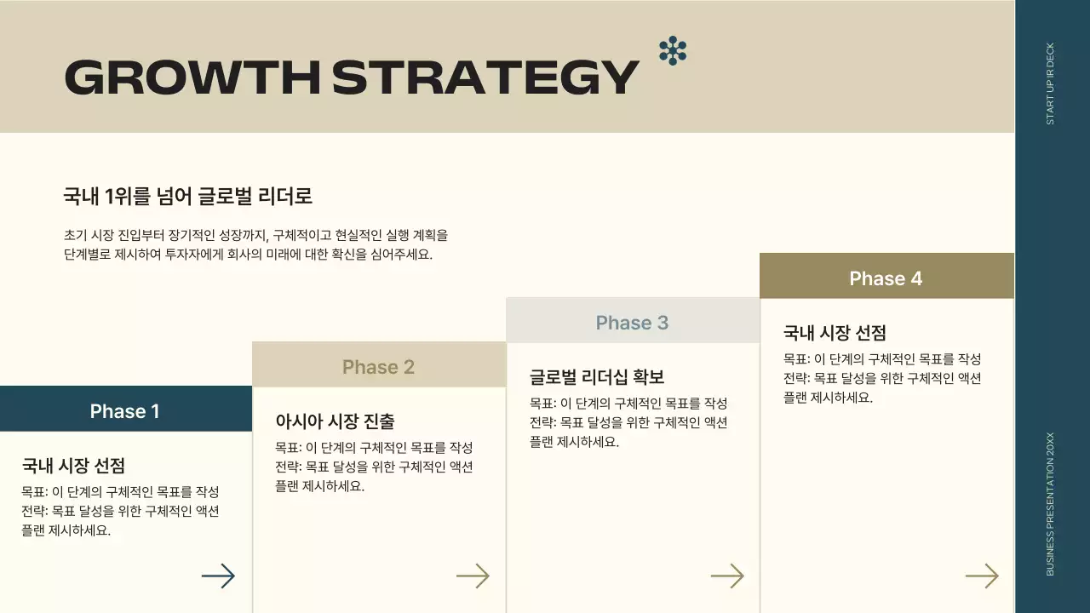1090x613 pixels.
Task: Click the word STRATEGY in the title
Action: point(485,77)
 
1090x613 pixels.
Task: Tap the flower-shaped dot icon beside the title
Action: point(673,51)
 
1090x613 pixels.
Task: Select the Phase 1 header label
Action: point(125,411)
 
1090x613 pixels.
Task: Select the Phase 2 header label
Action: point(378,367)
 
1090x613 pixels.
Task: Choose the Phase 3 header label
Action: point(632,323)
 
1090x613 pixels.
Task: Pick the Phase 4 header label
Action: point(886,278)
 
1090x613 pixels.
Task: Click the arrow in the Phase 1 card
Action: point(218,576)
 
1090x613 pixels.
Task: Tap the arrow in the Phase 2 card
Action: point(473,576)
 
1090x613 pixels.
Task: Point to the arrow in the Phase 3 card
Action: point(727,576)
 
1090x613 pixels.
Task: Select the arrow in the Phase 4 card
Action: point(981,576)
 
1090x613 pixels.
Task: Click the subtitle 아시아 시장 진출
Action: point(335,421)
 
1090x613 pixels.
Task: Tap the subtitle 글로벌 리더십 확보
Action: point(597,377)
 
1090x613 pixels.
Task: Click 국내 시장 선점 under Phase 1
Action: point(73,466)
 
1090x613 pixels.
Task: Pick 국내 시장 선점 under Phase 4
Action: point(835,333)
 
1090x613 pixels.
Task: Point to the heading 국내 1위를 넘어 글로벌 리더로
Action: point(188,197)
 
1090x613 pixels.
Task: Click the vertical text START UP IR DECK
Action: point(1050,83)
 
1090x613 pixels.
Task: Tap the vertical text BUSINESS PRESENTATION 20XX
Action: point(1050,503)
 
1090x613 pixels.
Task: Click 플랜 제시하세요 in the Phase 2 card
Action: point(319,486)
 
